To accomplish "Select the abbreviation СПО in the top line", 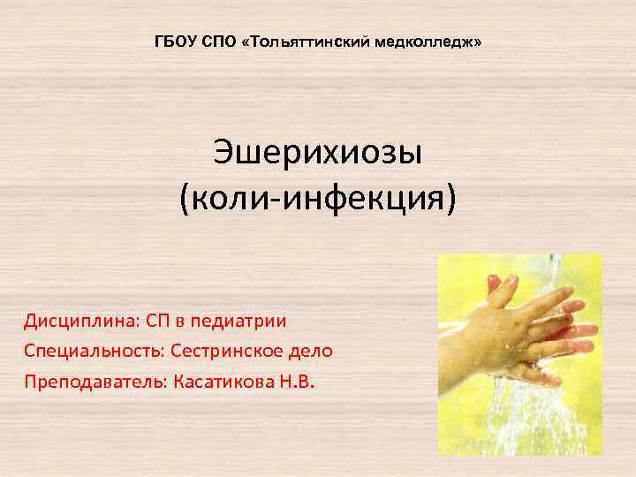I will click(x=216, y=42).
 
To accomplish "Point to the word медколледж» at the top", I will click(x=428, y=42).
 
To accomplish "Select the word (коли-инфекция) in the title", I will click(x=318, y=198).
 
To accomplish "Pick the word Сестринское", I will click(x=227, y=351).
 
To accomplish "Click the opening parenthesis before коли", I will click(x=184, y=199).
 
